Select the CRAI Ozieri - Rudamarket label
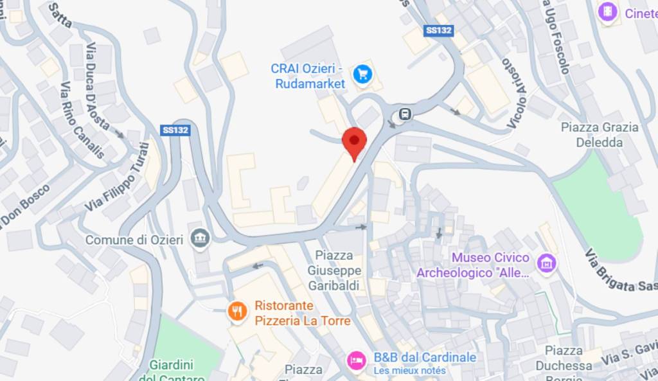click(308, 76)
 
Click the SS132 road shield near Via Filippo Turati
click(175, 130)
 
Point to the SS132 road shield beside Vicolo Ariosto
click(440, 30)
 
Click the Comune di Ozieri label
click(134, 240)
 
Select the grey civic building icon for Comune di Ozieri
click(200, 240)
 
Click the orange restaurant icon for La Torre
click(237, 312)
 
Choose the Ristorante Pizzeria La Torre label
click(302, 313)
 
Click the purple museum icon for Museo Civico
click(547, 262)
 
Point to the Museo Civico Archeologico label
click(473, 265)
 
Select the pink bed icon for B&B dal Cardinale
click(355, 360)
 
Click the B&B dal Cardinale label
click(425, 357)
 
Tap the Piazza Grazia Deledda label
click(600, 135)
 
